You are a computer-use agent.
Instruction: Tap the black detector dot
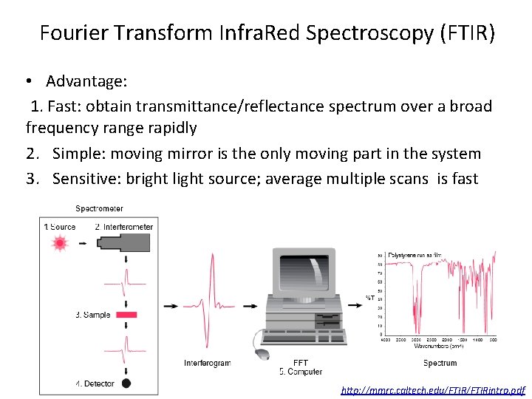[x=126, y=383]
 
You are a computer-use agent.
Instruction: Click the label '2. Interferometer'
[x=124, y=227]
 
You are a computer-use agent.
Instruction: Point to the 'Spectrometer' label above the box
[x=99, y=208]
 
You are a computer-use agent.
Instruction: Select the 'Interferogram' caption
[x=208, y=363]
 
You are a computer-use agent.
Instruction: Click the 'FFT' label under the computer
[x=301, y=363]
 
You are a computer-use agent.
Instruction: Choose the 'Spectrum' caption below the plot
[x=440, y=363]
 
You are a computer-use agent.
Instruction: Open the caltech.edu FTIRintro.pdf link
[x=433, y=389]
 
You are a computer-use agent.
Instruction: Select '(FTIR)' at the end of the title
[x=468, y=33]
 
